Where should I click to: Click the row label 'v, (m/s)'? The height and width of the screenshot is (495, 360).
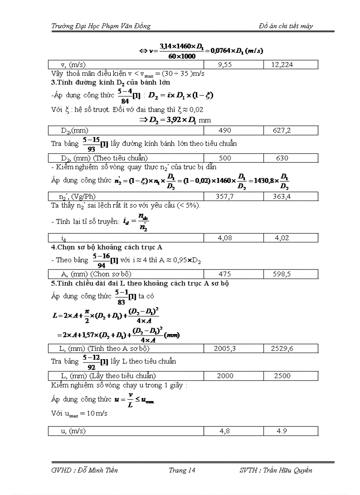[72, 65]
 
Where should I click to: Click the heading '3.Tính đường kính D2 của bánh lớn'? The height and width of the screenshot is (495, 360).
[110, 82]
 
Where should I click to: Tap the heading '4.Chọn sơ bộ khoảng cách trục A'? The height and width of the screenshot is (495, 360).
[106, 247]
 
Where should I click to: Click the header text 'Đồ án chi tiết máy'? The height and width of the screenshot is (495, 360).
[286, 26]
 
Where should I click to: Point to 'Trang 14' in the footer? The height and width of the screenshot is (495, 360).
[182, 470]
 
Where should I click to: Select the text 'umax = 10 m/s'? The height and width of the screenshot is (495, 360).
[79, 414]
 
